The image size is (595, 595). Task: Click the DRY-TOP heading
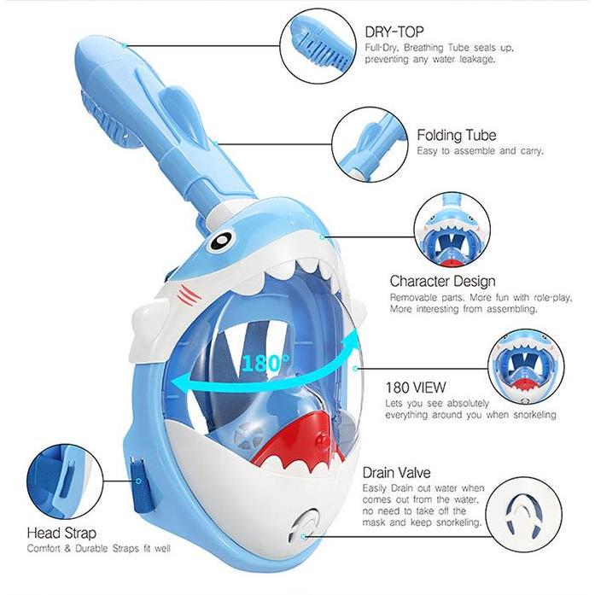pyautogui.click(x=394, y=32)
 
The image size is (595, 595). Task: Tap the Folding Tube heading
pyautogui.click(x=457, y=135)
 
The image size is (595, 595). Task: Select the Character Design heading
pyautogui.click(x=442, y=281)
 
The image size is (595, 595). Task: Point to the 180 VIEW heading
pyautogui.click(x=416, y=388)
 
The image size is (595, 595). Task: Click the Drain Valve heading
pyautogui.click(x=397, y=473)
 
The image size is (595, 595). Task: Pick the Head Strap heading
pyautogui.click(x=61, y=534)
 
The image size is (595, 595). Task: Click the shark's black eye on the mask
pyautogui.click(x=220, y=239)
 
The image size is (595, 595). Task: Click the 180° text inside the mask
pyautogui.click(x=265, y=363)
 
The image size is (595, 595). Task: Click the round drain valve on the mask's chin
pyautogui.click(x=304, y=528)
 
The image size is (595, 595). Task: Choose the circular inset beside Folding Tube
pyautogui.click(x=370, y=144)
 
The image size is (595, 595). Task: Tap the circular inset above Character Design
pyautogui.click(x=452, y=230)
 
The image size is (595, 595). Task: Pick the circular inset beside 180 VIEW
pyautogui.click(x=526, y=367)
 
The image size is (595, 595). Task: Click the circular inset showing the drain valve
pyautogui.click(x=523, y=515)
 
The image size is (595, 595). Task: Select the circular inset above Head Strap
pyautogui.click(x=65, y=481)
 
